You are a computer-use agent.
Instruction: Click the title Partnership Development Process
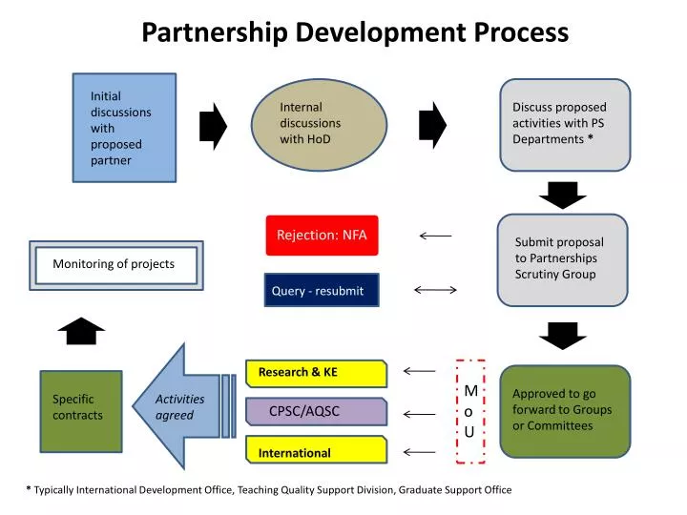(x=355, y=32)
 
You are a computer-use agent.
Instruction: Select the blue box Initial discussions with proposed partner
(x=124, y=127)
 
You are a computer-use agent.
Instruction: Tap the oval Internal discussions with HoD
(x=319, y=123)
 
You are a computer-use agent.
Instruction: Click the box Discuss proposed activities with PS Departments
(x=565, y=124)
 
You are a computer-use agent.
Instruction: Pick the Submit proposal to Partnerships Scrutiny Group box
(x=563, y=258)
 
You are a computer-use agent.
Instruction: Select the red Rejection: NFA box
(x=322, y=236)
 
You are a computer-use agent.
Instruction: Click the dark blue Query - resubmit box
(x=321, y=291)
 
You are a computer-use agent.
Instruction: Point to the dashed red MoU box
(x=469, y=412)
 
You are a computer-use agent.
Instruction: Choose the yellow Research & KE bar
(x=316, y=373)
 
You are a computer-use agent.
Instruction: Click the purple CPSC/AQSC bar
(x=316, y=412)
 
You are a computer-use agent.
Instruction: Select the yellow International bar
(x=316, y=452)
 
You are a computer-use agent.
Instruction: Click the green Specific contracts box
(x=80, y=410)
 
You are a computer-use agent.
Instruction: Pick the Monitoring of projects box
(x=115, y=265)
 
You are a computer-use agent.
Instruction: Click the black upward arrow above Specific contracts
(x=80, y=332)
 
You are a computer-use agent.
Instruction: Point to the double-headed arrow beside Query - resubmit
(x=435, y=290)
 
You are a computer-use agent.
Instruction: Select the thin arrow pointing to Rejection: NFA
(x=435, y=235)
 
